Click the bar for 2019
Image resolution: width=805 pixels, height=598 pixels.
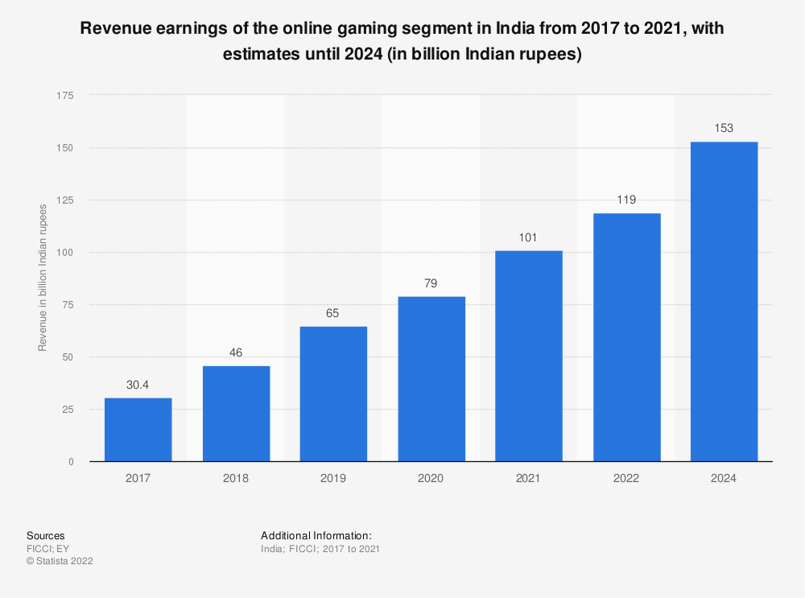click(333, 394)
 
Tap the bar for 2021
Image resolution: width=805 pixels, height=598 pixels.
click(529, 356)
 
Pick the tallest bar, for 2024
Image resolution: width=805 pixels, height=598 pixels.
click(724, 301)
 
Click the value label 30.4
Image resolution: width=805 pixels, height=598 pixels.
click(138, 385)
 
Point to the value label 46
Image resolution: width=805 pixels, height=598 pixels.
click(236, 353)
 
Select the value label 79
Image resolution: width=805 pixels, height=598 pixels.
click(431, 283)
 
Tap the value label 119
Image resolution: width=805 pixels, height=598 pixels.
click(626, 200)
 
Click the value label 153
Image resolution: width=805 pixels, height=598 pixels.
click(724, 129)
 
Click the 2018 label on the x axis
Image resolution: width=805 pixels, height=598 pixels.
click(236, 478)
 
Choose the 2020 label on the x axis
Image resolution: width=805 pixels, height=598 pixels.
click(431, 478)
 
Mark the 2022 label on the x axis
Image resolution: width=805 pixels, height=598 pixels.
click(626, 478)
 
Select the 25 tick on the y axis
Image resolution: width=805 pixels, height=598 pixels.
click(68, 410)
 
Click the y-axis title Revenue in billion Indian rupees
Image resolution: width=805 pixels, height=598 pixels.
click(43, 277)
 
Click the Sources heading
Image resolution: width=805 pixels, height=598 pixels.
click(46, 535)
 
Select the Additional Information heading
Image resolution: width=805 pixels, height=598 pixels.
click(316, 535)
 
